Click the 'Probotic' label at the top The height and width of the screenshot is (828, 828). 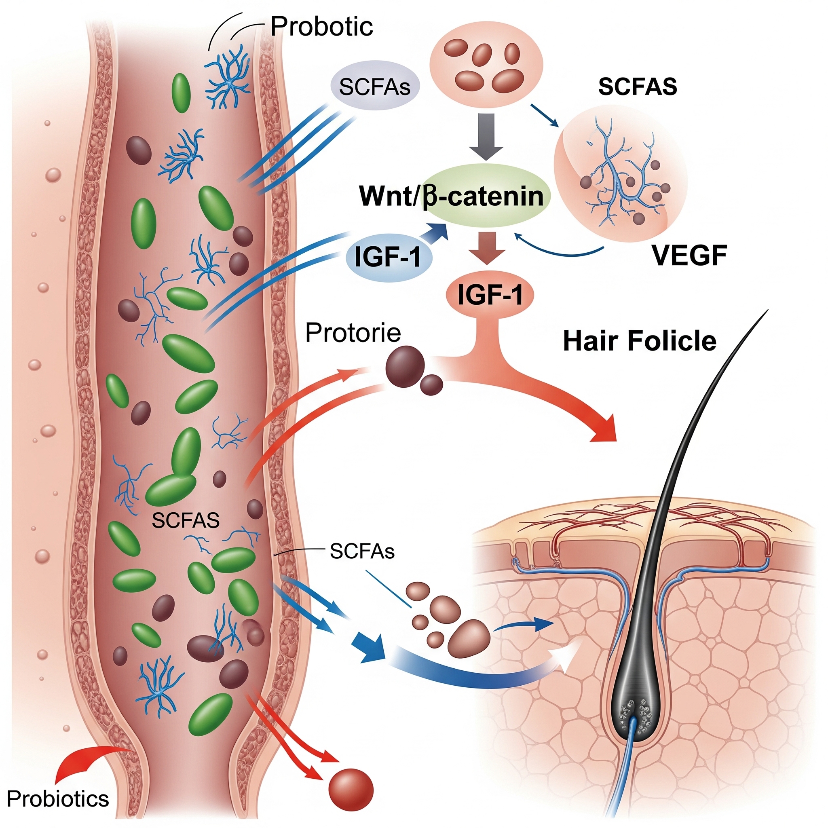(321, 27)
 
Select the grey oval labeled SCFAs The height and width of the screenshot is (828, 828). (374, 87)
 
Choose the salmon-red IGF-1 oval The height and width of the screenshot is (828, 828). (490, 295)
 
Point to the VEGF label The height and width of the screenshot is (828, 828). (689, 256)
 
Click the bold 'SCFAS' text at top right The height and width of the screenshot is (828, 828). (637, 87)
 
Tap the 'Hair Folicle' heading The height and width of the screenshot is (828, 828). (640, 341)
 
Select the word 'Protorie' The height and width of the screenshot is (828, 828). (353, 333)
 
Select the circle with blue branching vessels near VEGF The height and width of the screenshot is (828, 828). (620, 180)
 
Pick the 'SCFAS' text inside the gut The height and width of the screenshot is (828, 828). (185, 520)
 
